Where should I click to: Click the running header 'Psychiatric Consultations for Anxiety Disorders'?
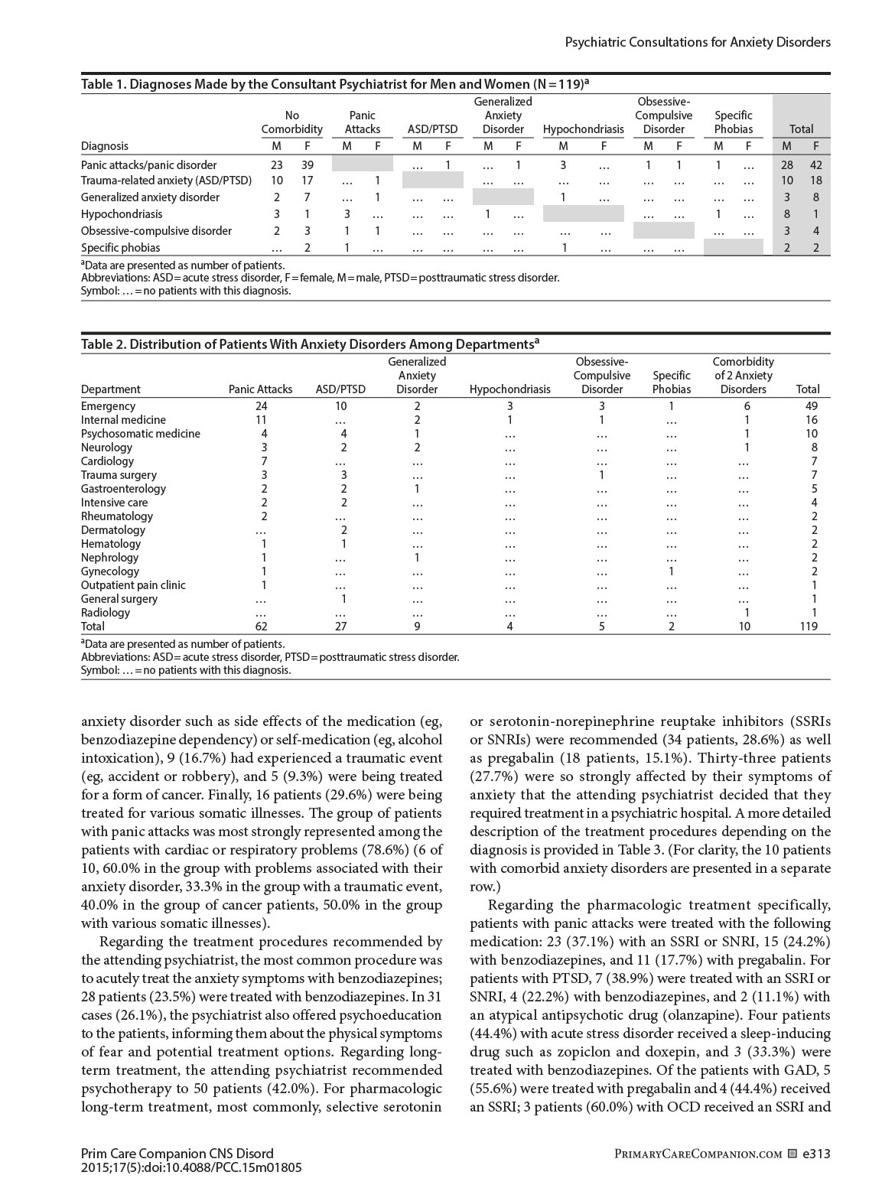coord(697,43)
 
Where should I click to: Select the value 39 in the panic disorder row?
coord(308,165)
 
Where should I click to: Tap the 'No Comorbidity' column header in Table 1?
coord(291,122)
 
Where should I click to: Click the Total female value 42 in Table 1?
coord(815,165)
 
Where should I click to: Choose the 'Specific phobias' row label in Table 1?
coord(121,248)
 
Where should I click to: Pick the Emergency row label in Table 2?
coord(108,406)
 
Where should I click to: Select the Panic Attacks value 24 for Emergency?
coord(261,406)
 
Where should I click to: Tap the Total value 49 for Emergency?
coord(811,406)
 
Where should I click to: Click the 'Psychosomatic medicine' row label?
coord(140,434)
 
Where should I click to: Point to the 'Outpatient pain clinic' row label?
coord(133,585)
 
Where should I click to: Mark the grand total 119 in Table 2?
coord(807,627)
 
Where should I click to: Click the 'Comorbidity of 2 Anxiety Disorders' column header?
coord(743,376)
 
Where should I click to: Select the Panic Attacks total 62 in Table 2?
coord(261,627)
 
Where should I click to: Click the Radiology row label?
coord(106,613)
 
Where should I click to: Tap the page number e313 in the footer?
coord(816,1154)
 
